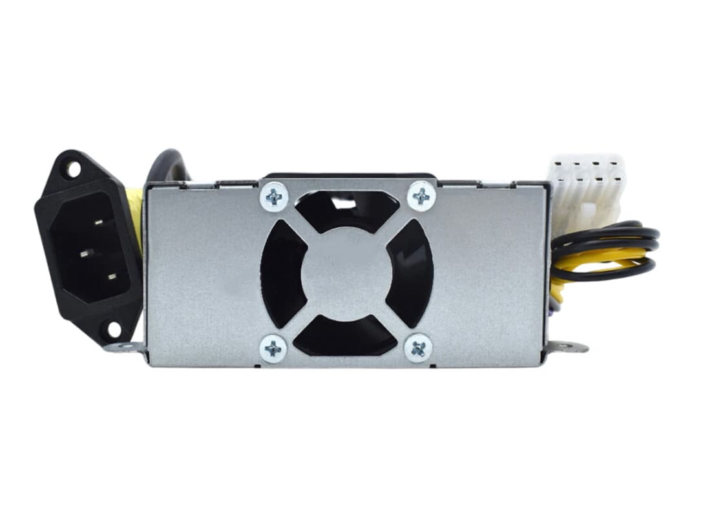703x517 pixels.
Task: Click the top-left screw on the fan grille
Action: [273, 197]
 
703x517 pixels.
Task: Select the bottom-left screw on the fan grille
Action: [273, 348]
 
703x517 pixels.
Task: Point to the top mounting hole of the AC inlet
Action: [72, 170]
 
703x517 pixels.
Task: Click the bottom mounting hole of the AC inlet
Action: [114, 329]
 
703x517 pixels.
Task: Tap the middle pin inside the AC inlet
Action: [83, 254]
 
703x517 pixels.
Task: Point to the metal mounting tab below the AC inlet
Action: [125, 348]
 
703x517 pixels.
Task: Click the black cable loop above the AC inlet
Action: [165, 165]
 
